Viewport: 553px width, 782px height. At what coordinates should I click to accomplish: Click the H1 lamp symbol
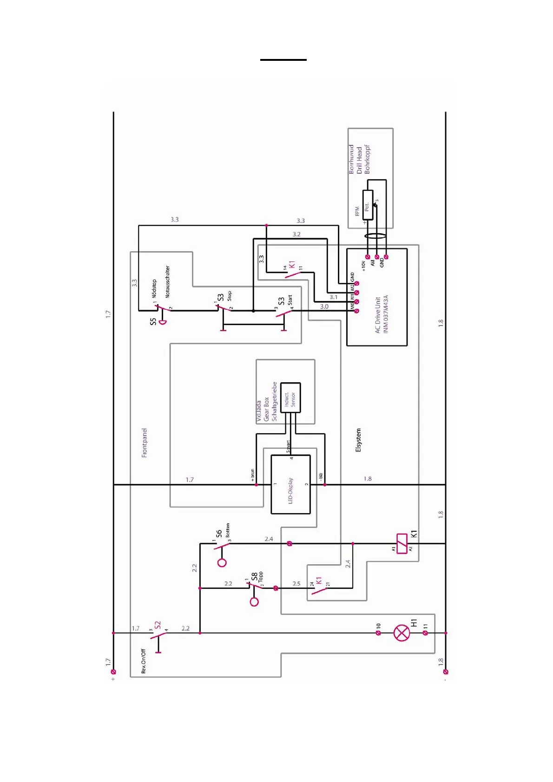(x=402, y=632)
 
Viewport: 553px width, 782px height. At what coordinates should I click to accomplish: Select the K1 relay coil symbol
(x=402, y=543)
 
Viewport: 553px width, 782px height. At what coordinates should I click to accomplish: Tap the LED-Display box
(x=290, y=484)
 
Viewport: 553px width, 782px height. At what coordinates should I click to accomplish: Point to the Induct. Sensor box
(x=290, y=398)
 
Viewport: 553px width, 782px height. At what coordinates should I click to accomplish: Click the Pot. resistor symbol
(x=368, y=205)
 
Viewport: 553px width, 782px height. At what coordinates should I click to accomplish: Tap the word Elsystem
(x=358, y=440)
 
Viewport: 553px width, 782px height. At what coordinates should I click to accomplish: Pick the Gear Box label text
(x=266, y=409)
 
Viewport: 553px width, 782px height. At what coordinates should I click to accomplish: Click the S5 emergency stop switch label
(x=153, y=321)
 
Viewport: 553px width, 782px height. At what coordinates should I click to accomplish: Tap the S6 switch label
(x=218, y=534)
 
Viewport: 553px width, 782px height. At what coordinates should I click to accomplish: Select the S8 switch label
(x=254, y=576)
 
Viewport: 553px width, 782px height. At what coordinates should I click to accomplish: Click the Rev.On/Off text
(x=143, y=661)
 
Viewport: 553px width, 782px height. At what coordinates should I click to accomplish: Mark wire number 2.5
(x=296, y=584)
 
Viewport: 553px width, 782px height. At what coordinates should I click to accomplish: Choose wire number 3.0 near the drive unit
(x=324, y=306)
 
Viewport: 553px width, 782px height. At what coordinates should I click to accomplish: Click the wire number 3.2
(x=296, y=234)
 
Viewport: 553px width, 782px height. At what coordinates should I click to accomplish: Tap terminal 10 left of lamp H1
(x=378, y=632)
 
